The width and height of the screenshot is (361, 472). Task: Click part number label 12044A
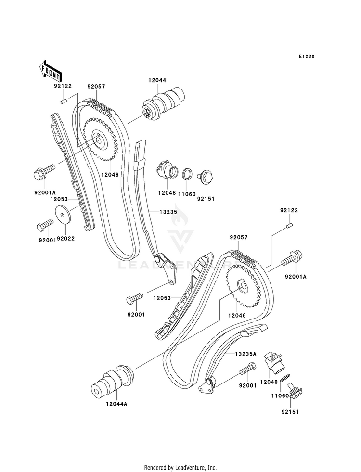pos(117,404)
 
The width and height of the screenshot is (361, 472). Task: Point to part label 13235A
pos(245,354)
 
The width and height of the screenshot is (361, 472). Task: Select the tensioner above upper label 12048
pos(166,170)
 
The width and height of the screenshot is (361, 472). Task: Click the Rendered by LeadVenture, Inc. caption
pos(180,467)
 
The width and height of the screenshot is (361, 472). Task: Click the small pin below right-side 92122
pos(290,225)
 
